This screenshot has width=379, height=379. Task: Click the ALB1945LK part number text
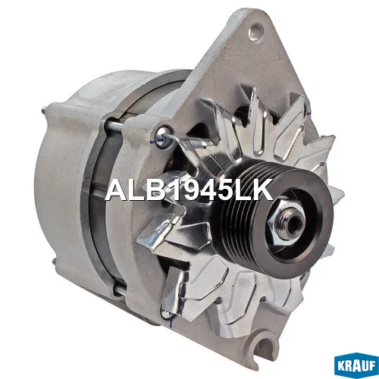pos(189,189)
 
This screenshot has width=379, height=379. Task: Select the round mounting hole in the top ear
pos(255,32)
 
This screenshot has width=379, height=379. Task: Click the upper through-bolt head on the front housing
pos(161,136)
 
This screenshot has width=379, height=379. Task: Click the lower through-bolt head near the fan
pos(167,314)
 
